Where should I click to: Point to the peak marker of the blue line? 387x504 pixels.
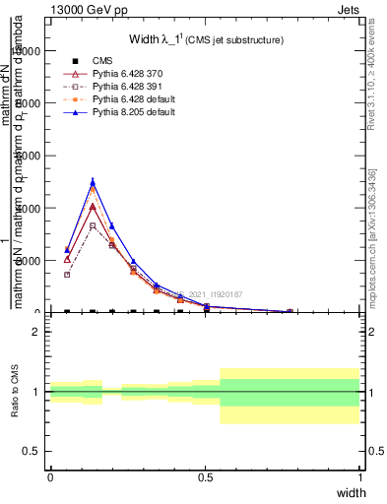click(x=93, y=182)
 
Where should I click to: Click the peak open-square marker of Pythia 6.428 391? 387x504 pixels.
click(x=93, y=225)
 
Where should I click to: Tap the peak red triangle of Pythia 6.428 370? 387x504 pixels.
click(x=93, y=207)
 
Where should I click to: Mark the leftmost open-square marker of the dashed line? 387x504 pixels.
click(x=67, y=275)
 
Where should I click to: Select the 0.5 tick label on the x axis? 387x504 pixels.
click(x=205, y=477)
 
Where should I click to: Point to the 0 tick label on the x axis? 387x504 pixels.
click(x=50, y=477)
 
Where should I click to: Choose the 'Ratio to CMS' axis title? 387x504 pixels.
click(x=16, y=391)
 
